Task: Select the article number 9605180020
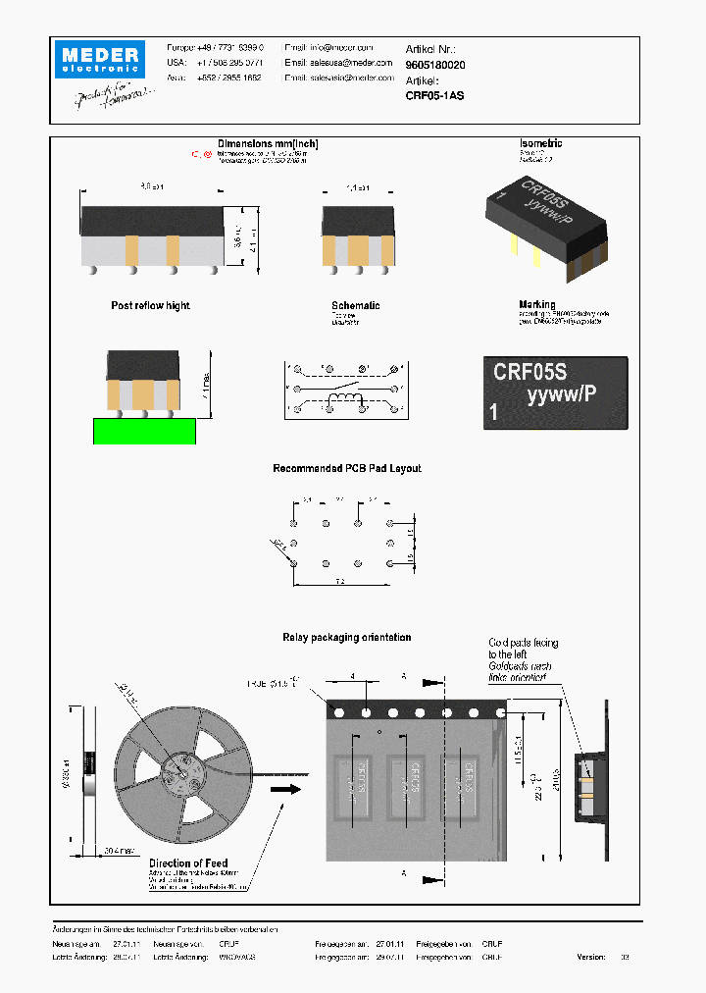pos(435,64)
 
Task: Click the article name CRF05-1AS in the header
pos(434,96)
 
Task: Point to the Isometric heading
pos(540,143)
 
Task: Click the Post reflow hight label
pos(150,306)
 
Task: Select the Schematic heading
pos(355,306)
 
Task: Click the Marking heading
pos(536,305)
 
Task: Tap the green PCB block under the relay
pos(143,431)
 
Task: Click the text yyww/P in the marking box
pos(561,394)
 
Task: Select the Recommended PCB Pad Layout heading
pos(346,469)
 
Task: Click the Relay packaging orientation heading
pos(346,638)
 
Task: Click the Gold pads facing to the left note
pos(523,649)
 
